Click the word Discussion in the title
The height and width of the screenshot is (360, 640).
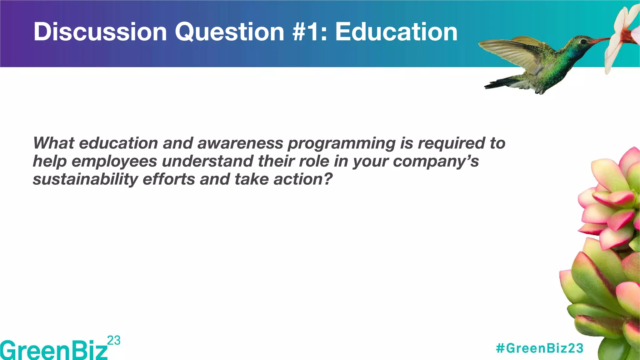point(100,32)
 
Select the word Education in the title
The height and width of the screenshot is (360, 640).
point(396,32)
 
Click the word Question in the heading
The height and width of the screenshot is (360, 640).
point(229,32)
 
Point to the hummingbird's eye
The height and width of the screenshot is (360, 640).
point(583,42)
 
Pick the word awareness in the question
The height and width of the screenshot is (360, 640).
point(240,143)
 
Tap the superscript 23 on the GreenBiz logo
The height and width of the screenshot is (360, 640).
point(114,340)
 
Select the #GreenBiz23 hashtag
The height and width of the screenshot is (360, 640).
point(540,348)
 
